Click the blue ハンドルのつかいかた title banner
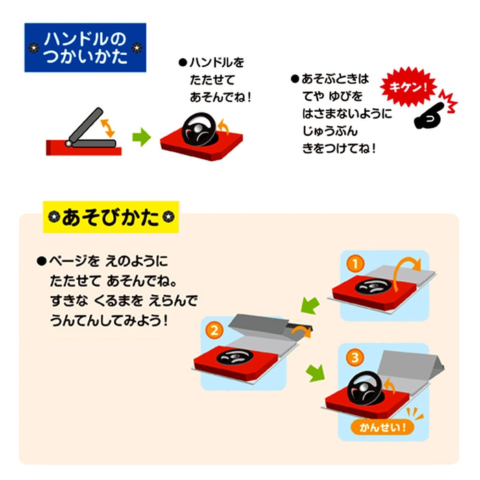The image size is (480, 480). [85, 48]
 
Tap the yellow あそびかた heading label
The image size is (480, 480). [110, 218]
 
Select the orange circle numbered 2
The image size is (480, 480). [215, 331]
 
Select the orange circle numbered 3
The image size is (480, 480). [355, 357]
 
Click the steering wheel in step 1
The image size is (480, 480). [374, 288]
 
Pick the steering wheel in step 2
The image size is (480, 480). [232, 357]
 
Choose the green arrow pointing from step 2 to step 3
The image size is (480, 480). [315, 373]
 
